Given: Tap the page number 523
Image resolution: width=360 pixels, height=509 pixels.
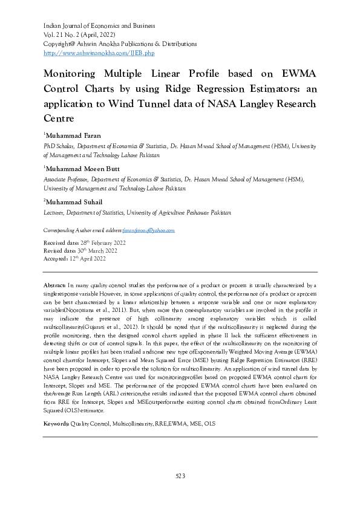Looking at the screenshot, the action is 180,476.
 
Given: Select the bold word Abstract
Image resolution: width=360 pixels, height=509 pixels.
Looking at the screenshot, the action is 55,285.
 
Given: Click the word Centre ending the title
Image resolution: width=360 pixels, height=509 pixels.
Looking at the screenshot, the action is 60,118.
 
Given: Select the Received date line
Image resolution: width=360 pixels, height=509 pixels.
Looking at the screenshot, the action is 84,242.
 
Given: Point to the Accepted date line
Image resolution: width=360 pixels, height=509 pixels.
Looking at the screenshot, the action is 74,258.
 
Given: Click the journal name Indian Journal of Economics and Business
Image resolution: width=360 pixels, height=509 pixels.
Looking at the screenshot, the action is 99,26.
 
